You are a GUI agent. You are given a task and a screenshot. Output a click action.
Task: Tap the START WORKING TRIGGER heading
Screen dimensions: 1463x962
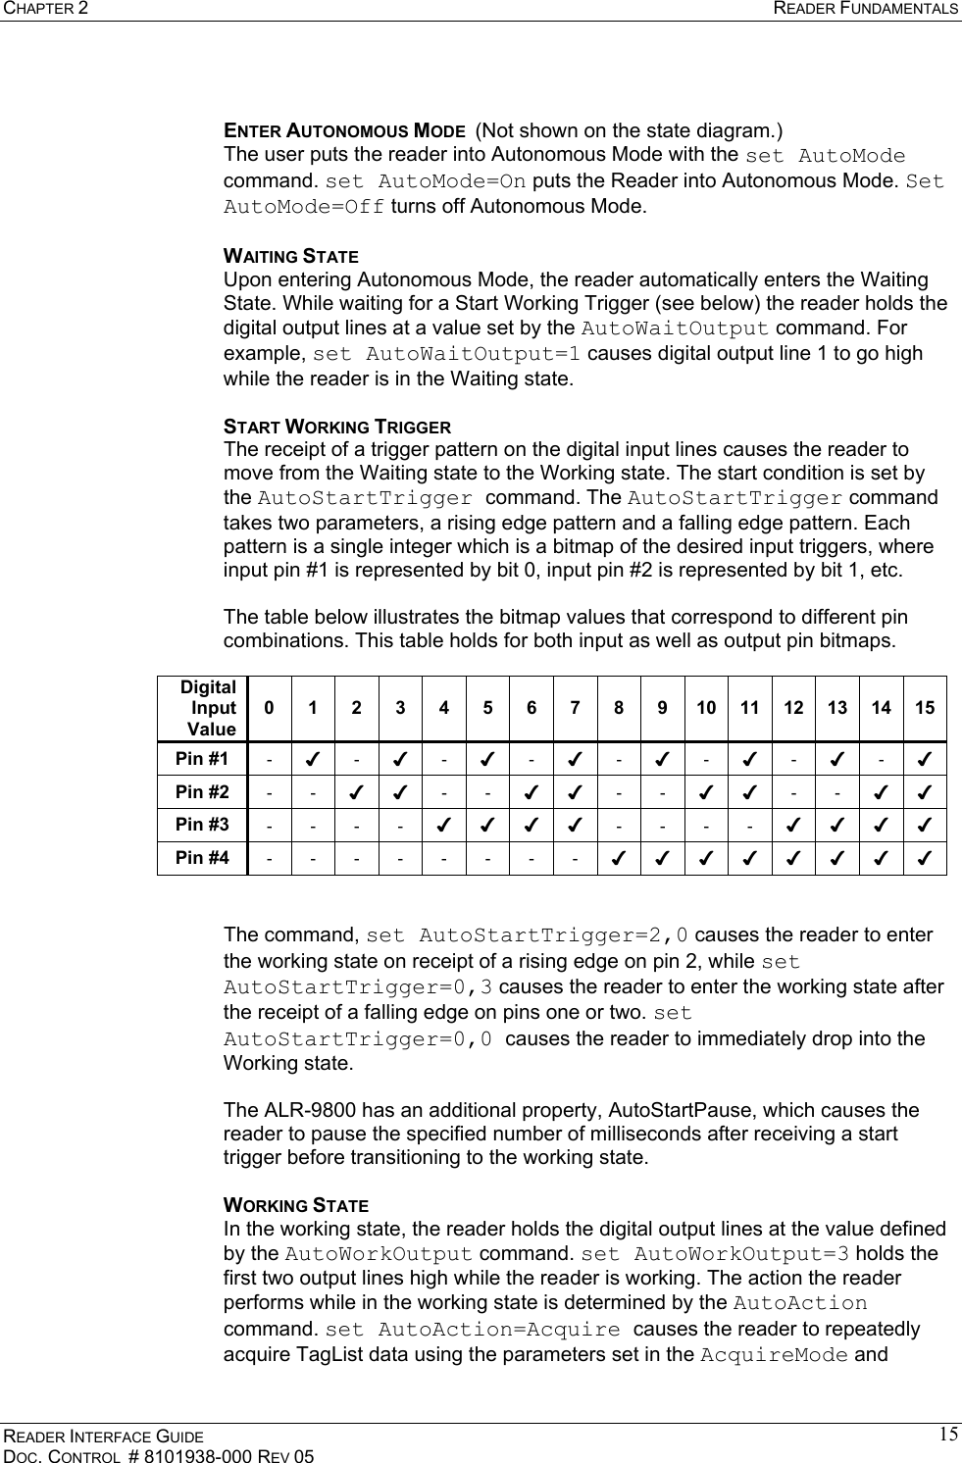click(x=337, y=427)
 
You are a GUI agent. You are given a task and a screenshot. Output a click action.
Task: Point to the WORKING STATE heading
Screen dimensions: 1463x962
click(x=296, y=1204)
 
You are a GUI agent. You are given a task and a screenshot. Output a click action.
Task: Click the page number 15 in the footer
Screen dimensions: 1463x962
click(x=947, y=1436)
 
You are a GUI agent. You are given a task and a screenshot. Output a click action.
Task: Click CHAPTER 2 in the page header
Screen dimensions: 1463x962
click(x=43, y=9)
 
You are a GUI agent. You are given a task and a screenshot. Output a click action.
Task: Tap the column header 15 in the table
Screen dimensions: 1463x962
click(x=925, y=708)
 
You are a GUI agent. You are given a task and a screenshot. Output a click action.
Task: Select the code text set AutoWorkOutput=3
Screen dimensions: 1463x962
click(x=715, y=1254)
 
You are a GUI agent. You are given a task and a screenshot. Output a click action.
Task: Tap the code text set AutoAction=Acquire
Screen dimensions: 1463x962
click(x=472, y=1331)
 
